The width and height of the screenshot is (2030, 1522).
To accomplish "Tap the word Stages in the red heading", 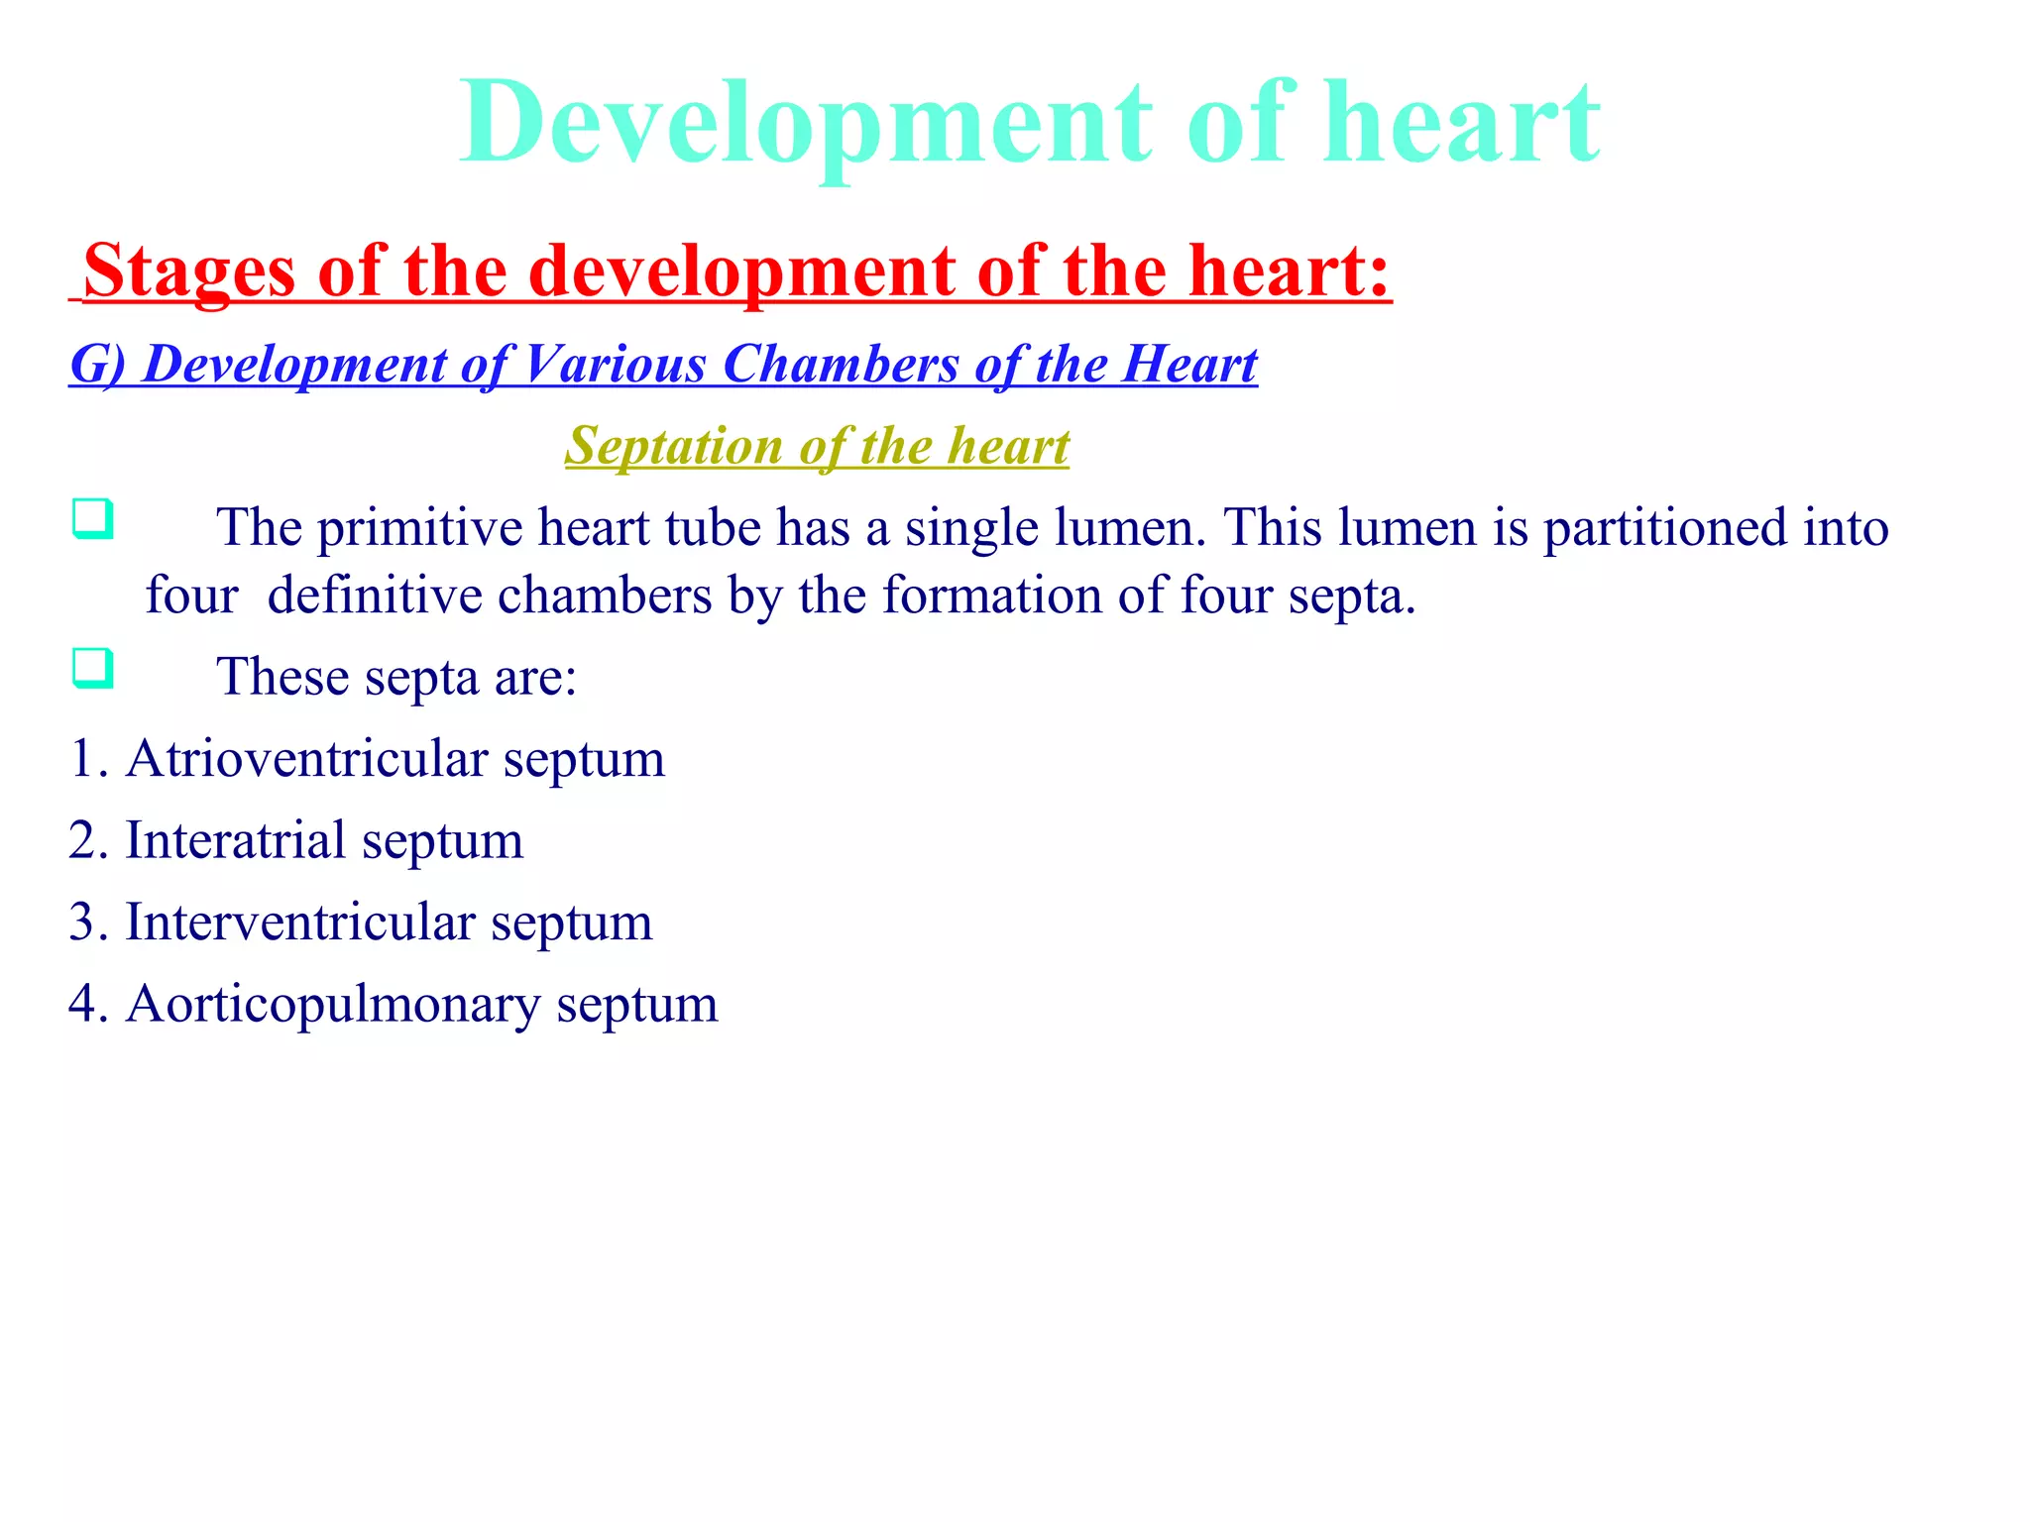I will click(x=189, y=271).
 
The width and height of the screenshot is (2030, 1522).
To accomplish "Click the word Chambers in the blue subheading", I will click(x=841, y=364).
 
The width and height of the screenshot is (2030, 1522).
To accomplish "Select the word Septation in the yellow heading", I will click(x=674, y=446).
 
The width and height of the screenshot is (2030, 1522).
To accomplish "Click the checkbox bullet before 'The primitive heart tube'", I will click(x=92, y=519).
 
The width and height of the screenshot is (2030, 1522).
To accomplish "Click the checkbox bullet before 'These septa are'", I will click(x=92, y=669).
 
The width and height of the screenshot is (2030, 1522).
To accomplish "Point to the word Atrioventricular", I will click(x=306, y=759).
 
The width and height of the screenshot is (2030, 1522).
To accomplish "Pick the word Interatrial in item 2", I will click(x=235, y=841).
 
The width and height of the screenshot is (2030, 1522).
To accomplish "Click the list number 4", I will click(x=83, y=1005).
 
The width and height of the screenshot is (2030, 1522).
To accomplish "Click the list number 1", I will click(x=83, y=759).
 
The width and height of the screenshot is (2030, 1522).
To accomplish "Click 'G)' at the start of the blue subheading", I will click(x=97, y=365).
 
